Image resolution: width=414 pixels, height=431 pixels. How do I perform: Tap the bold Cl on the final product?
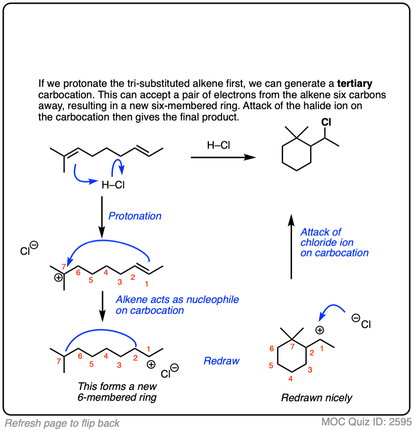(326, 122)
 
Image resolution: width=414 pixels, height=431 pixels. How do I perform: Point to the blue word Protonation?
(135, 216)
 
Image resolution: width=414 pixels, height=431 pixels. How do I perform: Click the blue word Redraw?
(221, 361)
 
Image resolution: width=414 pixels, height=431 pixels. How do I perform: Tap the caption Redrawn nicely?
(317, 398)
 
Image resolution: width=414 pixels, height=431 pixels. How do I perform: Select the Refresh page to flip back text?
(62, 423)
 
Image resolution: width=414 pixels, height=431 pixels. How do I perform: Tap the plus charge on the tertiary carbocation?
(59, 278)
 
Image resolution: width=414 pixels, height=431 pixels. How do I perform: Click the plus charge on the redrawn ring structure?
(319, 330)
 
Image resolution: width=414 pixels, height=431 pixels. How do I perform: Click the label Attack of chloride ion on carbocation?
(334, 242)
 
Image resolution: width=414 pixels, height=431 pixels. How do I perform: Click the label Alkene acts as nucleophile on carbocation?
(177, 305)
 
